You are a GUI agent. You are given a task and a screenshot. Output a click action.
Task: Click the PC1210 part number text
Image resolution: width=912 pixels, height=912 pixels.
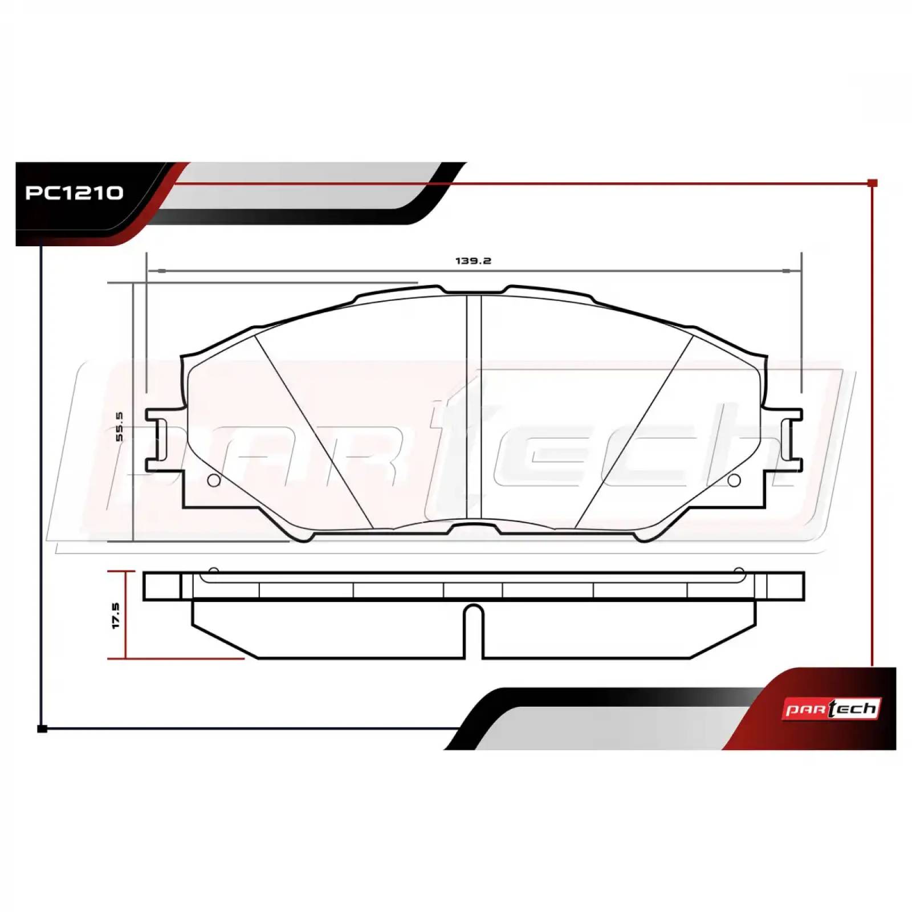[x=74, y=193]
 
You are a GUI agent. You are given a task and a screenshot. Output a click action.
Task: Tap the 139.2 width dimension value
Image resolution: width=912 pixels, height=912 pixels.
[x=473, y=261]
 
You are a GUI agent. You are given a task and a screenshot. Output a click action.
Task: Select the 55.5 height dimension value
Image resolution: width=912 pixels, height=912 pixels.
[x=119, y=426]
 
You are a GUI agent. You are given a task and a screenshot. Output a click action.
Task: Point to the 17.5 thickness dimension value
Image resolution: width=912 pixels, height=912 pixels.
[x=116, y=616]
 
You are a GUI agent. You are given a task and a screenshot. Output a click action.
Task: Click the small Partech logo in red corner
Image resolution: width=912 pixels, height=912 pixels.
[x=832, y=709]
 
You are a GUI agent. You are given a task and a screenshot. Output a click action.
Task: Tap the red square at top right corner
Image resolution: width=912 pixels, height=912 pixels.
[x=872, y=183]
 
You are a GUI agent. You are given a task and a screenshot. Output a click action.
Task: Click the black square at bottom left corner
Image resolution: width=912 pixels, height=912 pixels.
[x=42, y=728]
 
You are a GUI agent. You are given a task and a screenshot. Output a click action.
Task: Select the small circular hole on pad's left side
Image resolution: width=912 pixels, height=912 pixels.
[x=214, y=481]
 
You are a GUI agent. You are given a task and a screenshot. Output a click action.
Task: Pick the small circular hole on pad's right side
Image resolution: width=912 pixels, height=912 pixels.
[x=734, y=481]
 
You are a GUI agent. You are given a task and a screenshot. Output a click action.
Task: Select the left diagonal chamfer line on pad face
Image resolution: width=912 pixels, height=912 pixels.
[x=313, y=430]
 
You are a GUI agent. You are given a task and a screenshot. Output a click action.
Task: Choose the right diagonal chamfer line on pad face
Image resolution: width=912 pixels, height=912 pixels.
[x=634, y=430]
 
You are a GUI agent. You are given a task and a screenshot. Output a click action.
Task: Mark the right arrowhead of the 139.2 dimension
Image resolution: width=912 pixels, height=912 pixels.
[x=787, y=270]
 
